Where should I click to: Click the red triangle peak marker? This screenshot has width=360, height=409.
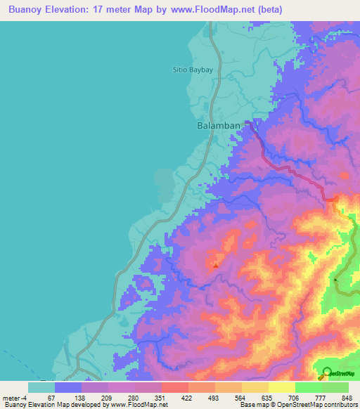(x=215, y=265)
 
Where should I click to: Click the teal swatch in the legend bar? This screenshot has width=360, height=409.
(x=41, y=387)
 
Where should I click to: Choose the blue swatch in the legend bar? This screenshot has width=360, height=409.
(x=68, y=387)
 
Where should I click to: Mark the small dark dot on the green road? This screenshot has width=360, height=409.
(x=336, y=280)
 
